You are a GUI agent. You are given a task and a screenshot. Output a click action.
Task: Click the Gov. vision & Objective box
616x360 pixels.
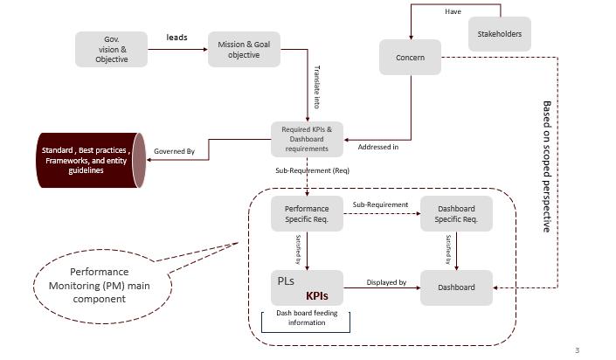(112, 49)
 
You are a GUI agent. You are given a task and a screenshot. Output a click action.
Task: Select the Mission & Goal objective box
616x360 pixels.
(244, 49)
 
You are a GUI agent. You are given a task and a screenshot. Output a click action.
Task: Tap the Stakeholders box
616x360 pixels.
(499, 34)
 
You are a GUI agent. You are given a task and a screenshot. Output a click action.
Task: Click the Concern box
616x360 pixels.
(410, 58)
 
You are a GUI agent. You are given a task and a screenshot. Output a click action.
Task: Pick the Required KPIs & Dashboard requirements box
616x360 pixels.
(307, 139)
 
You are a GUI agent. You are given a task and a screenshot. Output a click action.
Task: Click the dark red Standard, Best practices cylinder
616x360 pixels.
(88, 160)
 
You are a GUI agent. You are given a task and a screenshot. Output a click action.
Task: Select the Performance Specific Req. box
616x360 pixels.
(307, 214)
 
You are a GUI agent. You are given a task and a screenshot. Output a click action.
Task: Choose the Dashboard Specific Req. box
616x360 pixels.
(456, 214)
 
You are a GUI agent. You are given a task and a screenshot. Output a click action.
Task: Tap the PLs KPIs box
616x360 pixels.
(307, 287)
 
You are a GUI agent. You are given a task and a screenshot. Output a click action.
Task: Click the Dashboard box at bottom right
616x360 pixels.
(456, 287)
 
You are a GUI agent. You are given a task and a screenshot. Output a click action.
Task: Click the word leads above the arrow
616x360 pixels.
(177, 38)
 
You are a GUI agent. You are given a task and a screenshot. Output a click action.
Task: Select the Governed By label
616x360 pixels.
(175, 151)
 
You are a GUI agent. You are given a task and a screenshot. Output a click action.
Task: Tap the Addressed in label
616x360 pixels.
(377, 147)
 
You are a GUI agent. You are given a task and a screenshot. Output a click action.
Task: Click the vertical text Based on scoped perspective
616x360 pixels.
(547, 166)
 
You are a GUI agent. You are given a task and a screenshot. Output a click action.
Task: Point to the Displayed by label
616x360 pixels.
(386, 282)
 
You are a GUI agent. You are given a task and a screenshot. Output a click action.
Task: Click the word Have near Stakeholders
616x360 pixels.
(453, 12)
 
